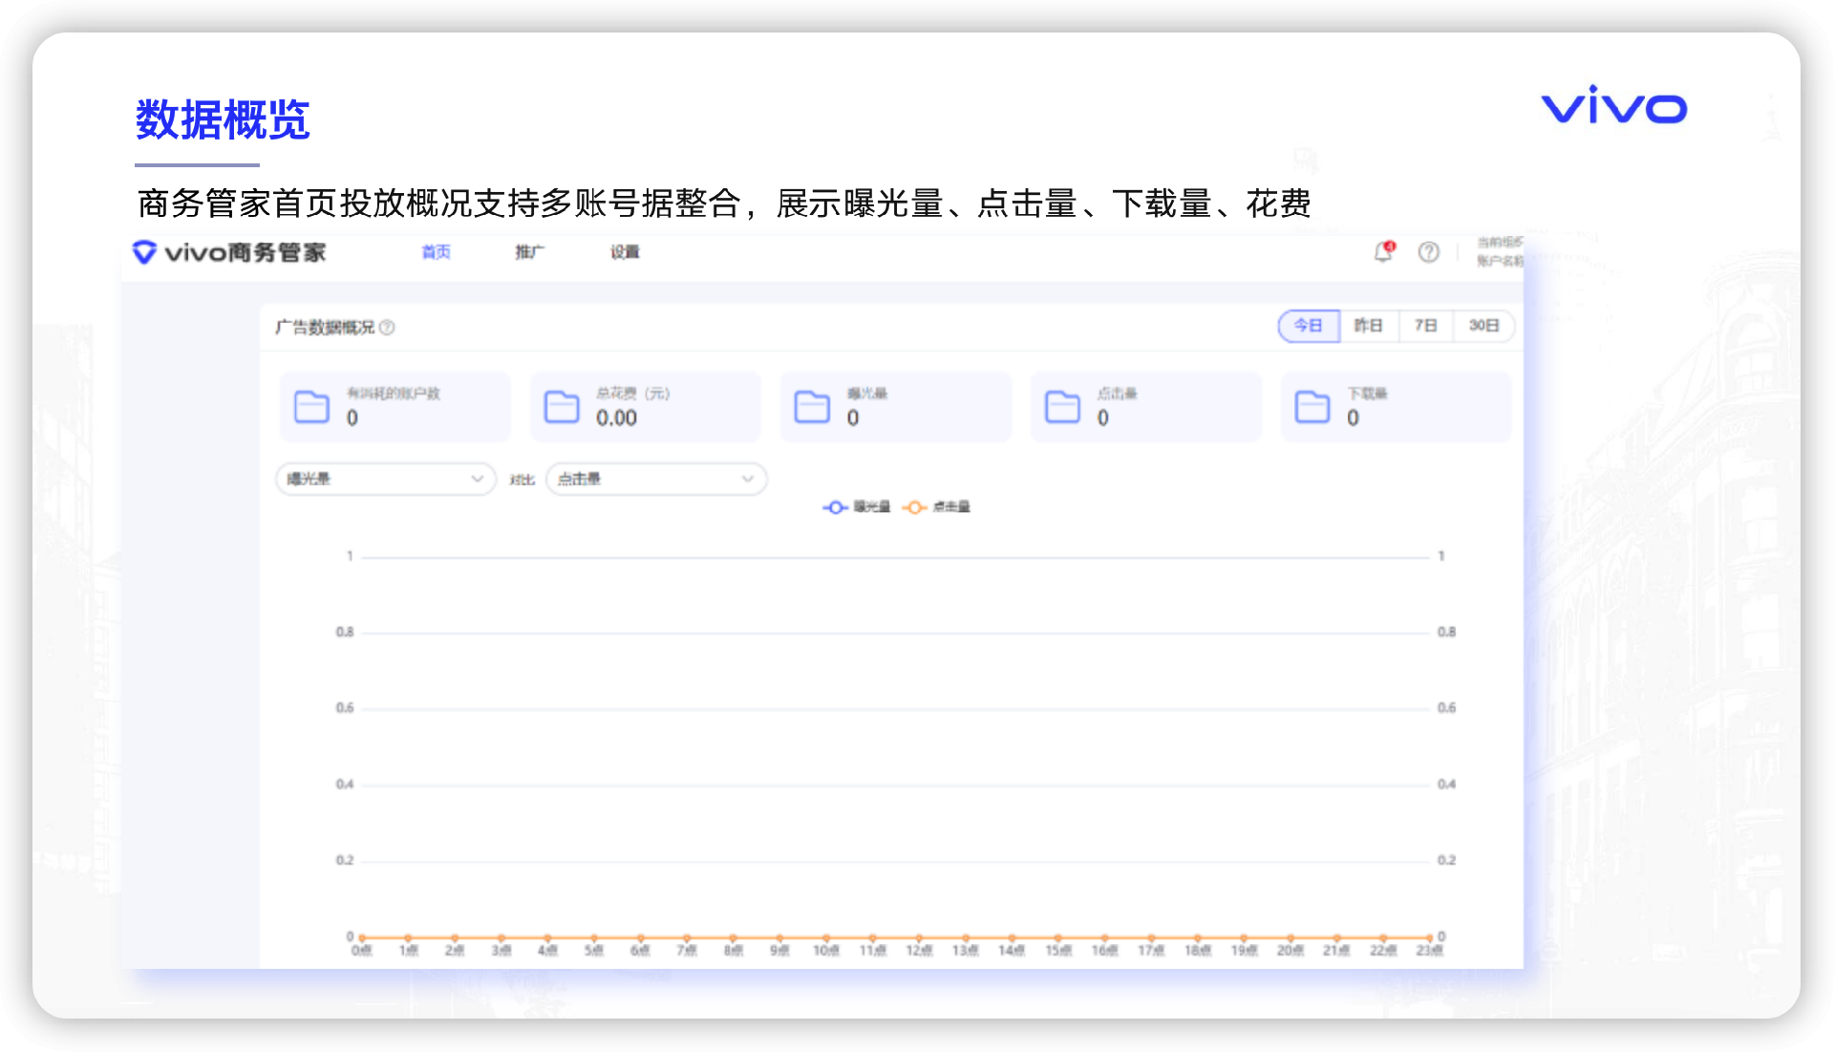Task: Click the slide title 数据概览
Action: coord(223,120)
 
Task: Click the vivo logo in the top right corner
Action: coord(1613,106)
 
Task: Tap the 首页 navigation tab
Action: coord(436,252)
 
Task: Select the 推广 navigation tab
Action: coord(529,252)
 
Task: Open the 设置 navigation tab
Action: coord(625,252)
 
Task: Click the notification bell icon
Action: coord(1383,252)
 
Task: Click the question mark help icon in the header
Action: coord(1428,252)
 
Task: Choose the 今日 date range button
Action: coord(1308,326)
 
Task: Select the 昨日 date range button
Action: coord(1368,326)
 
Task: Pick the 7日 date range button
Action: coord(1425,326)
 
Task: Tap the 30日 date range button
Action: coord(1483,326)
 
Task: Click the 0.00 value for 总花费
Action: coord(616,419)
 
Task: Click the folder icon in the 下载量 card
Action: coord(1312,406)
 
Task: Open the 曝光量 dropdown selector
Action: coord(386,479)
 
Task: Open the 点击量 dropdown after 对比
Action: coord(656,479)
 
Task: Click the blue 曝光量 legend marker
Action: coord(836,507)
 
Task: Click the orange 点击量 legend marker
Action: coord(914,507)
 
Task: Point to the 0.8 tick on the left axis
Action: coord(345,632)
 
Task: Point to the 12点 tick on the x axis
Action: coord(919,951)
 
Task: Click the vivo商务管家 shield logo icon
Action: coord(144,252)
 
